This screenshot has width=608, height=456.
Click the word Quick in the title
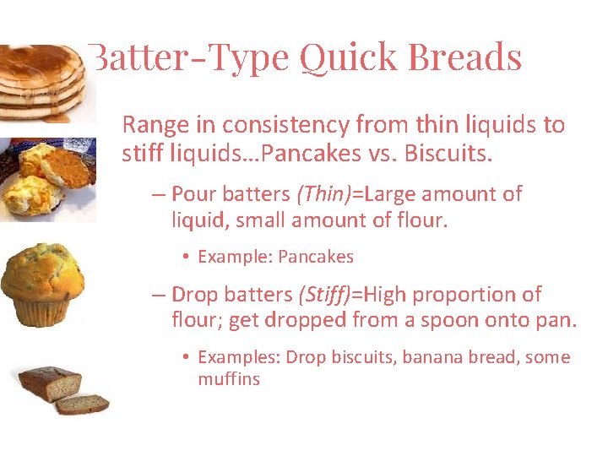coord(348,57)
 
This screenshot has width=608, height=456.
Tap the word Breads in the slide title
coord(464,57)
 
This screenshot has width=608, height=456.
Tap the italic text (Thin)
coord(323,194)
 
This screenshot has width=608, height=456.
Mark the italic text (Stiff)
coord(325,296)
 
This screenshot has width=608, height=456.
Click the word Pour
coord(193,194)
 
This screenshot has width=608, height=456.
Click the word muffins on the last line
coord(229,379)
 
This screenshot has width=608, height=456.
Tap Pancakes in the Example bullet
coord(316,257)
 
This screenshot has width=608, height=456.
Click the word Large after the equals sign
coord(388,194)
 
